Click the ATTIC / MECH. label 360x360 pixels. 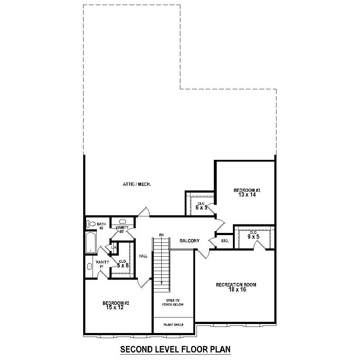(x=137, y=184)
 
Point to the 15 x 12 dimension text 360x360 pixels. (x=115, y=307)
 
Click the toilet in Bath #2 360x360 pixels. (x=91, y=224)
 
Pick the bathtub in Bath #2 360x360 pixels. (x=90, y=242)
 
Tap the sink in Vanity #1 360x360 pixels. (x=90, y=266)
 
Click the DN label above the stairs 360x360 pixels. (x=161, y=235)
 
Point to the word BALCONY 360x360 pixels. (x=189, y=241)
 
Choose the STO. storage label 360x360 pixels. (x=225, y=241)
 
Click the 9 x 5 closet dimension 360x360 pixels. (x=253, y=237)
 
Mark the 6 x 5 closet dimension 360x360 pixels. (x=201, y=207)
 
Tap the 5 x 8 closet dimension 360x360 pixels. (x=123, y=265)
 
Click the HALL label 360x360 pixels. (x=143, y=256)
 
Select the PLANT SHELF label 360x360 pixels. (x=174, y=325)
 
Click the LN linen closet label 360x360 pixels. (x=114, y=248)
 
